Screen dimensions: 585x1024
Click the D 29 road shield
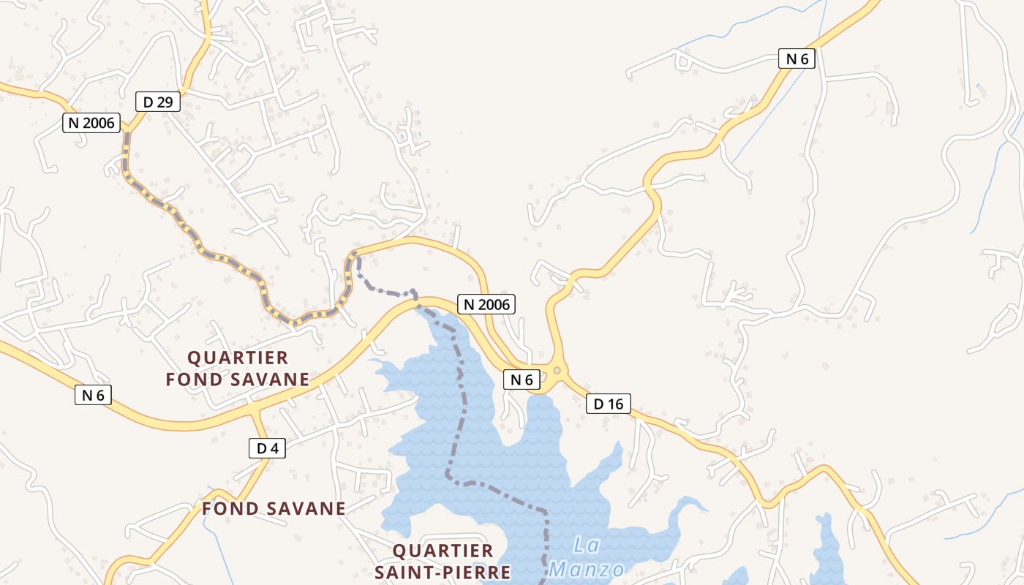158,102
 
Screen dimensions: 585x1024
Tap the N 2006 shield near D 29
91,123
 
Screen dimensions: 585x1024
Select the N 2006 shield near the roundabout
486,304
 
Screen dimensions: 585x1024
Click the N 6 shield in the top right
797,59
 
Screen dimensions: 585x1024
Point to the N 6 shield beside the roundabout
522,380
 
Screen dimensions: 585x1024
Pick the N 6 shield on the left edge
93,396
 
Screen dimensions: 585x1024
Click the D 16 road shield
608,404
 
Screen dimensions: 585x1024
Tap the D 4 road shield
267,448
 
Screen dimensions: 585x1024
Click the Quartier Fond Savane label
238,369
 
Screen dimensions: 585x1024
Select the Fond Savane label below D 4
274,509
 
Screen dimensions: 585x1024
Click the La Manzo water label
588,557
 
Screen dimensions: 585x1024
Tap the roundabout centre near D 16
557,371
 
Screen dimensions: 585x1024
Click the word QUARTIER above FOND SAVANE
238,358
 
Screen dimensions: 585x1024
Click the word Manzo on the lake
587,569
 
